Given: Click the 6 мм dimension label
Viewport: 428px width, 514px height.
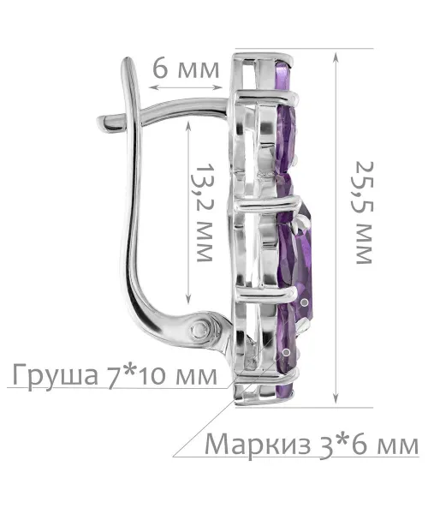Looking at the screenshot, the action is pyautogui.click(x=186, y=69).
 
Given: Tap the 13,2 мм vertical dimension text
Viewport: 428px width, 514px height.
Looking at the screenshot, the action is pyautogui.click(x=205, y=212).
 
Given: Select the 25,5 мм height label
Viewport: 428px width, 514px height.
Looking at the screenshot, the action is pyautogui.click(x=364, y=212).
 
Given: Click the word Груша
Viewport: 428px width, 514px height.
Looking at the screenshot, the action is pyautogui.click(x=56, y=375).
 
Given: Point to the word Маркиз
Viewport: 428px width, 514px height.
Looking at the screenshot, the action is pyautogui.click(x=258, y=445).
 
